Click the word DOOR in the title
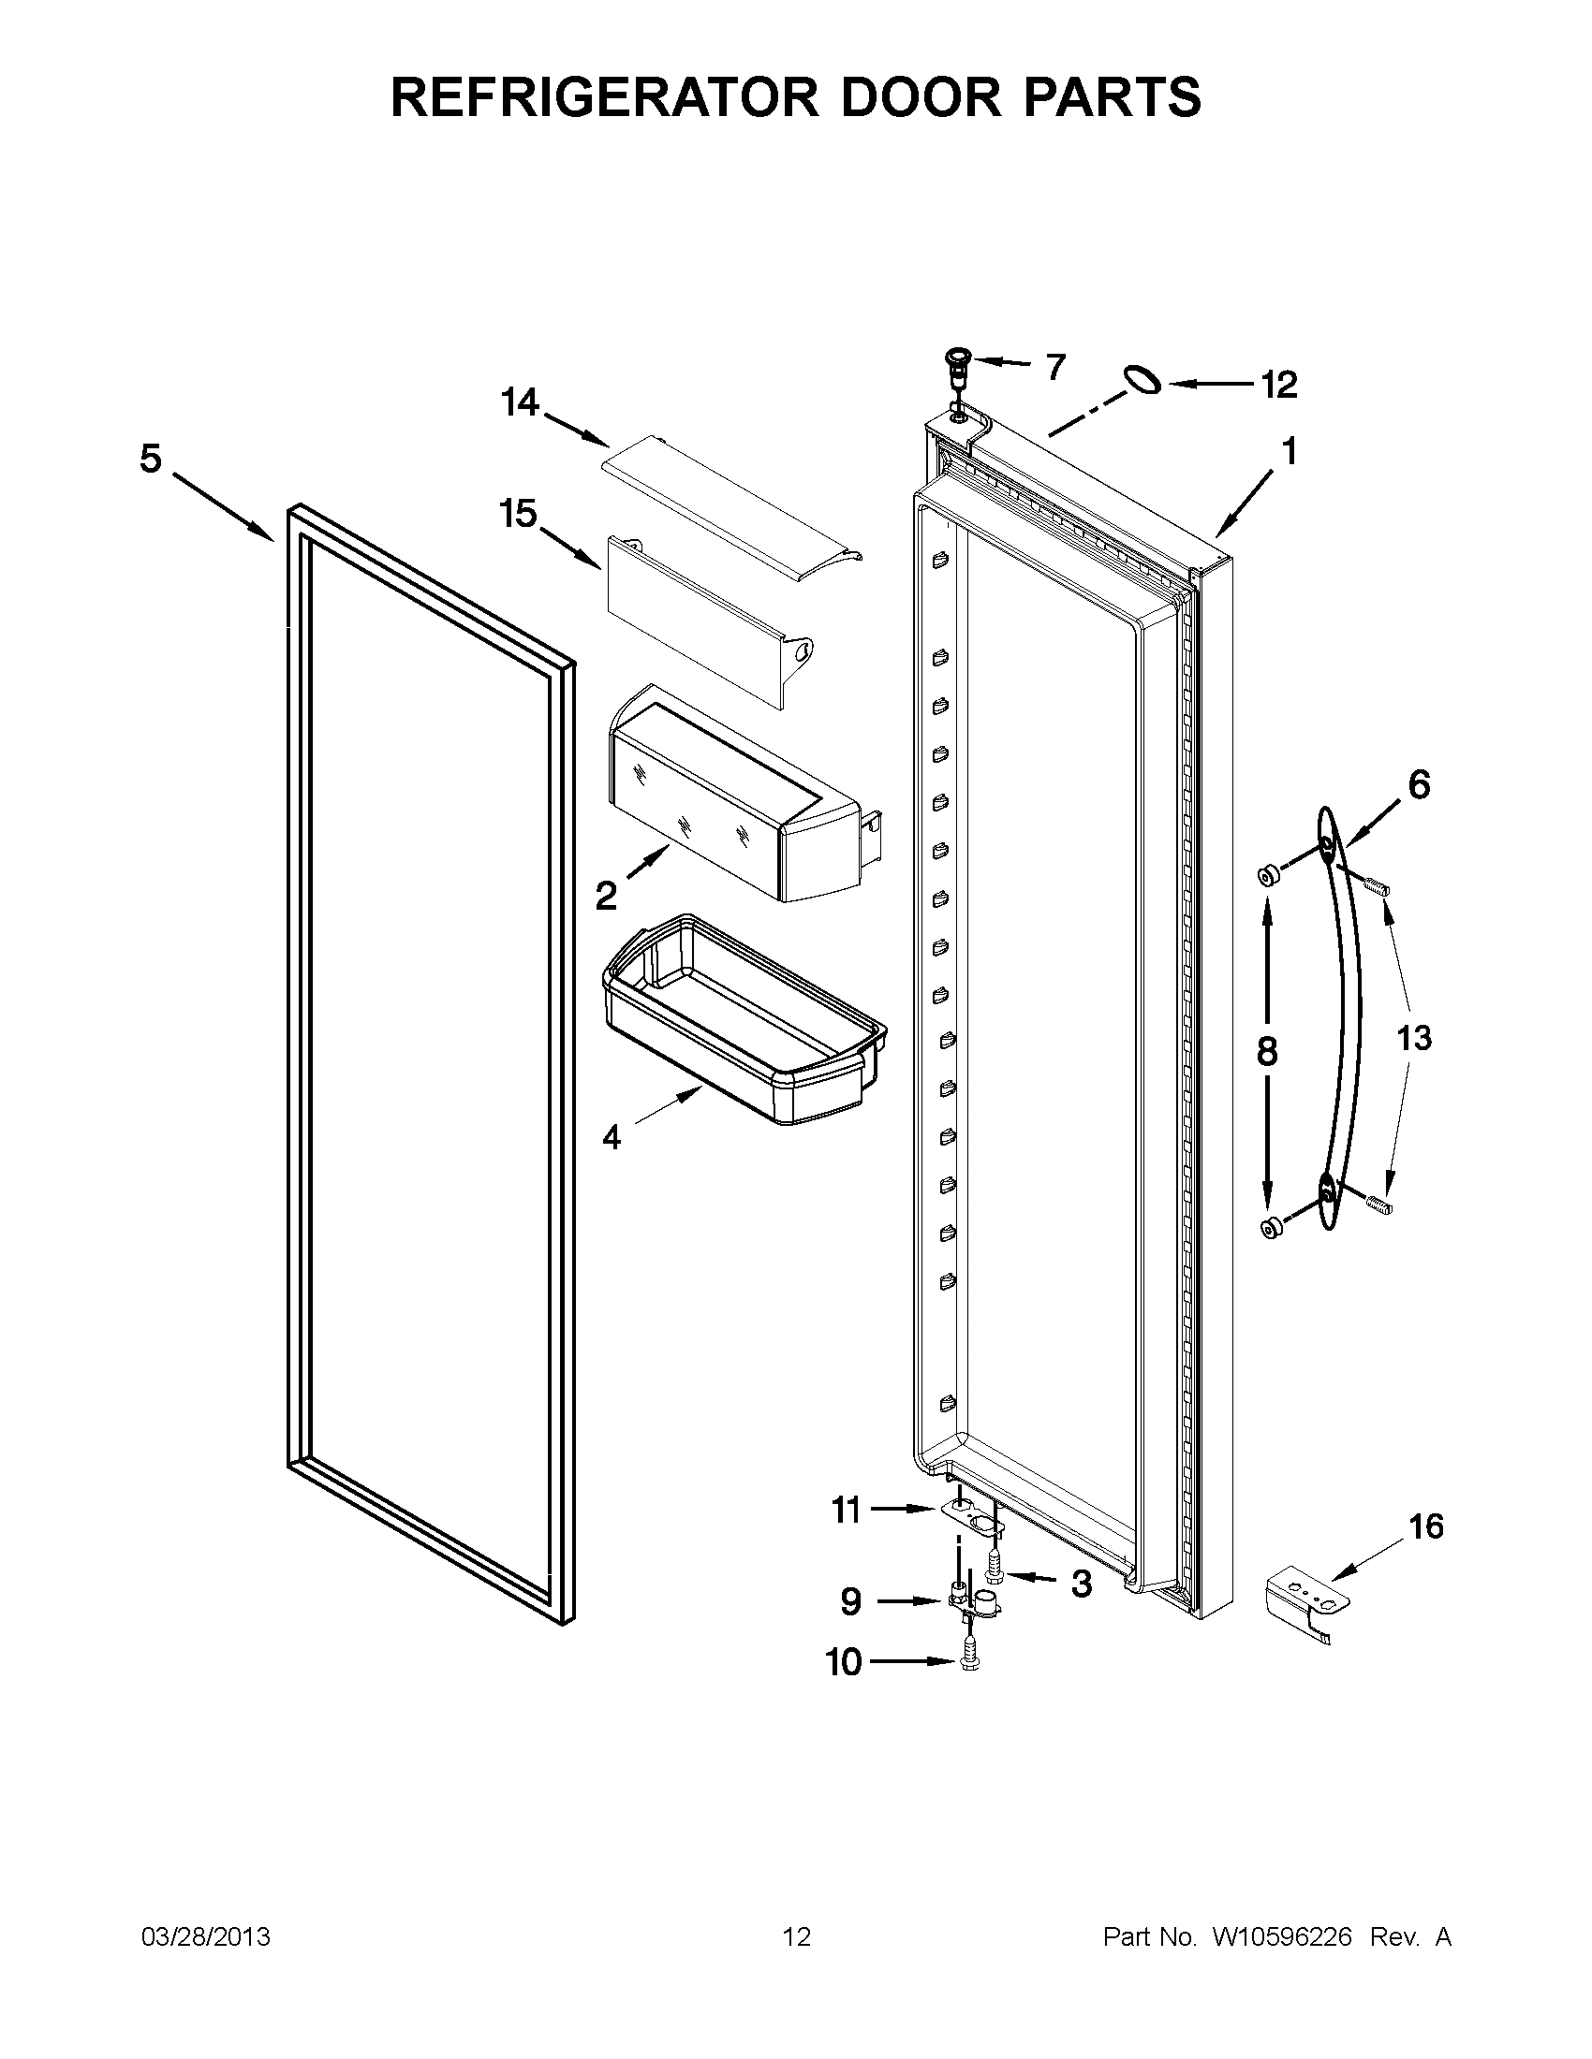tap(921, 97)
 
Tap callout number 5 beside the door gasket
tap(151, 460)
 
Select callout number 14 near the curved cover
tap(520, 402)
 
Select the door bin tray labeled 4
tap(745, 1023)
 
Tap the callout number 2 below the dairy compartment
tap(606, 895)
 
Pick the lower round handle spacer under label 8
tap(1271, 1227)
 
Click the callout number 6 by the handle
tap(1419, 783)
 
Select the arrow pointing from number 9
tap(910, 1600)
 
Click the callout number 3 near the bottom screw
tap(1081, 1584)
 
